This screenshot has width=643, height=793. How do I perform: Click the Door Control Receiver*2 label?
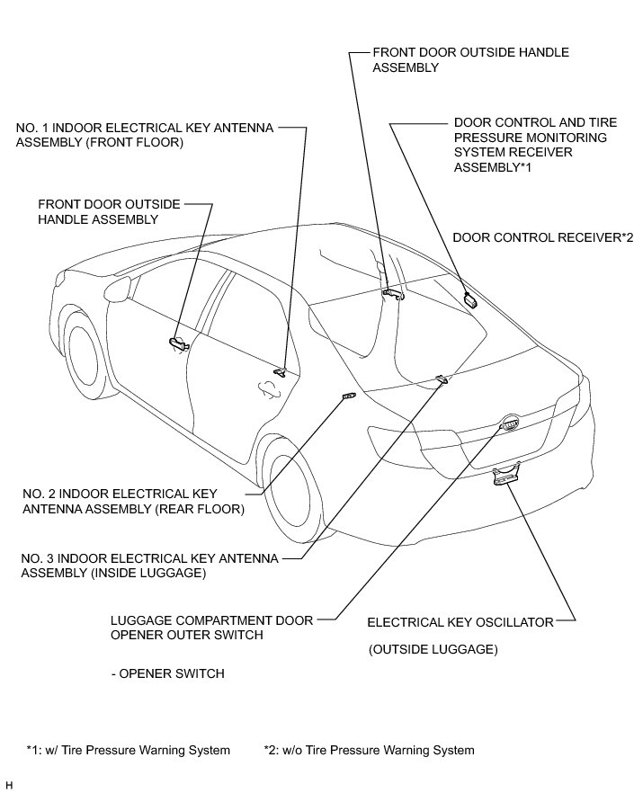[543, 237]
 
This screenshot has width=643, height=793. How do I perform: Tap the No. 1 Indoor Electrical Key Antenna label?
[144, 136]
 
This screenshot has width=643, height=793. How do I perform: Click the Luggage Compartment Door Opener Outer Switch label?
[211, 628]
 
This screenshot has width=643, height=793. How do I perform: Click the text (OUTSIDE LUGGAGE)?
[433, 649]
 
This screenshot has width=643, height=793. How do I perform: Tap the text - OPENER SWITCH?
[166, 673]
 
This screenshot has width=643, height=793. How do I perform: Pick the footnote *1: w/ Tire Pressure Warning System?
[128, 750]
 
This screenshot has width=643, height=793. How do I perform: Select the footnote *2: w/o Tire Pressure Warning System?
[369, 750]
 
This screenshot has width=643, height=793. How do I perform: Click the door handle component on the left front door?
[176, 341]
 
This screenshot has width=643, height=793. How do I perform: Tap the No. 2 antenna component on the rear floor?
[349, 396]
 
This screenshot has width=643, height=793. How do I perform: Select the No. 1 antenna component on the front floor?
[281, 371]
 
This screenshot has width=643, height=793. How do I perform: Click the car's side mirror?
[116, 290]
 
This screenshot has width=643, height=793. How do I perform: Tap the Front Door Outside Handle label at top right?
[471, 60]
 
